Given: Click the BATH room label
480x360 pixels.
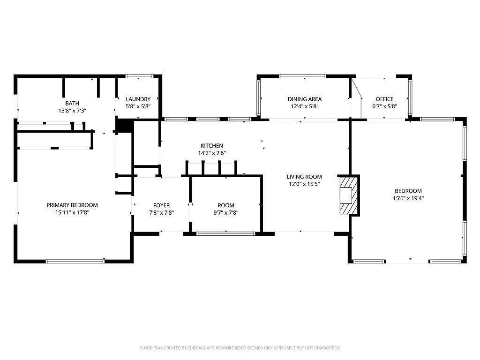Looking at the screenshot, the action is click(x=72, y=104).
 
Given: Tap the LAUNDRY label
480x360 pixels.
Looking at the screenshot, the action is click(x=138, y=99).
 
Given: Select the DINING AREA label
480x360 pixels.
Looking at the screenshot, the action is click(x=305, y=99).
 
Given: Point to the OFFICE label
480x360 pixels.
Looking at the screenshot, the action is click(x=384, y=99).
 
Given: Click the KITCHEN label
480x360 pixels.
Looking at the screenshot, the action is click(x=212, y=146).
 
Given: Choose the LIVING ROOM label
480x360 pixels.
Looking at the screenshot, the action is click(x=304, y=177).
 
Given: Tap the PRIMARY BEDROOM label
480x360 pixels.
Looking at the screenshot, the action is click(x=72, y=205).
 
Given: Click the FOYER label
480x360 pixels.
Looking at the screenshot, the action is click(x=161, y=205).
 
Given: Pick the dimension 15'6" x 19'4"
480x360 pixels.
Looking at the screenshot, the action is click(x=408, y=198).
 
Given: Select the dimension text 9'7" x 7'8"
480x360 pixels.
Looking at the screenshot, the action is click(x=226, y=213).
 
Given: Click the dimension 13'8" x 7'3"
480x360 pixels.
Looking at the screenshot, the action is click(x=72, y=111).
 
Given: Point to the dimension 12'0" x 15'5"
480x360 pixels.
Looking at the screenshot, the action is click(x=304, y=184).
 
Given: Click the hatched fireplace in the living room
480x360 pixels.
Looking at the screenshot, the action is click(x=349, y=195).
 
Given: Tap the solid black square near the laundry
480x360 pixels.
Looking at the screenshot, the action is click(x=124, y=126).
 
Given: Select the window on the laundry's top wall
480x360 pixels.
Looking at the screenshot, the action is click(x=140, y=76).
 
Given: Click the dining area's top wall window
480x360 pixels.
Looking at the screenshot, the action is click(x=302, y=76).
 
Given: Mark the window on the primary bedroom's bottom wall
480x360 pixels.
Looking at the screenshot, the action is click(x=75, y=261).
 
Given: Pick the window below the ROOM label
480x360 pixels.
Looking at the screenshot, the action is click(x=226, y=234).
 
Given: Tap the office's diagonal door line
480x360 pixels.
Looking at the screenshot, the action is click(x=357, y=89).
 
